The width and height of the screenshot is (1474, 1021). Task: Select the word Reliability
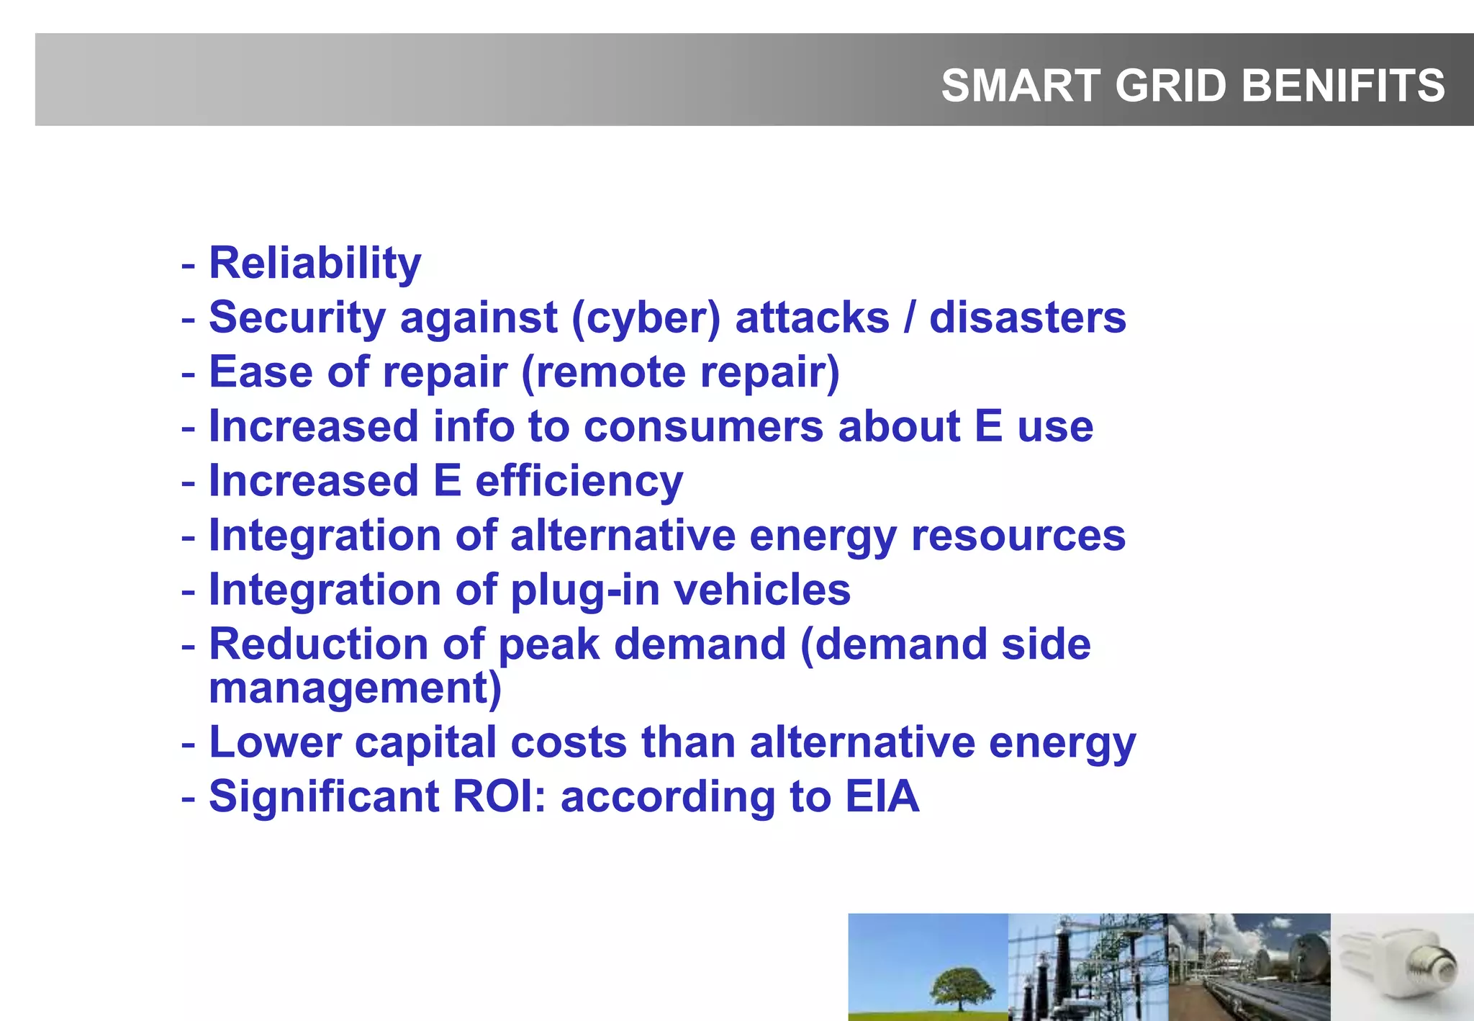[315, 264]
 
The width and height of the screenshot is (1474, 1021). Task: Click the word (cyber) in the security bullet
[646, 318]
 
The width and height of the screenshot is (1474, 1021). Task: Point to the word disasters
[1027, 318]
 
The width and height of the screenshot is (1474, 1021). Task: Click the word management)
[355, 688]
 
